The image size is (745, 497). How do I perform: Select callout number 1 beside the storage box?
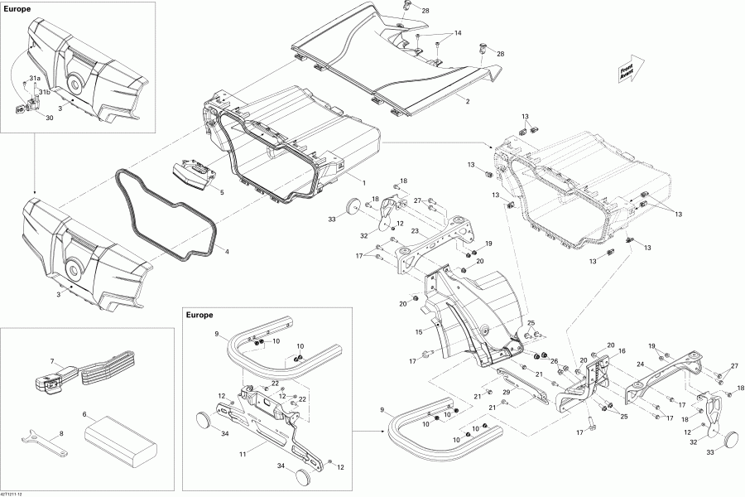pos(363,181)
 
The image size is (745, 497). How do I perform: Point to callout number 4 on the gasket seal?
pos(227,251)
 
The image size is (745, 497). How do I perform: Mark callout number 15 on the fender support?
pos(419,332)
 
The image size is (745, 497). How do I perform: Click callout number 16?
pos(622,351)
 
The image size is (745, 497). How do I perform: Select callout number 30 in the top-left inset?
pos(49,118)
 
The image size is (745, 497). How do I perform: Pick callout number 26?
pos(553,360)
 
